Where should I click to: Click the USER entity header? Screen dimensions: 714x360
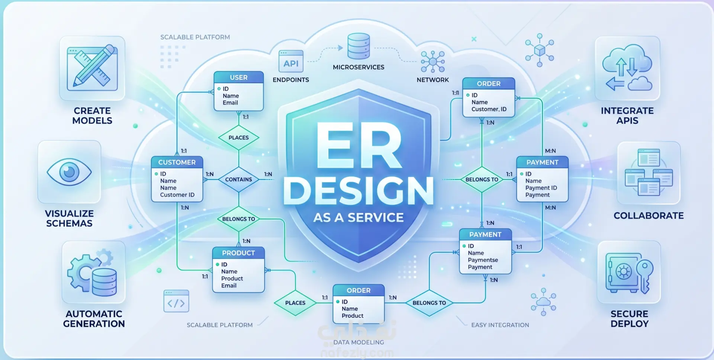(x=239, y=77)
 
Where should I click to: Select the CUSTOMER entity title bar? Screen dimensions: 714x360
(x=177, y=162)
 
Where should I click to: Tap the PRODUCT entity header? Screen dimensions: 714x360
(x=238, y=253)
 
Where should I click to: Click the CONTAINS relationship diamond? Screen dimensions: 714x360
(x=238, y=179)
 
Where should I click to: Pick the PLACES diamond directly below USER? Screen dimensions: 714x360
(x=238, y=138)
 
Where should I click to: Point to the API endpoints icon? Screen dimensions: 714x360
(x=291, y=62)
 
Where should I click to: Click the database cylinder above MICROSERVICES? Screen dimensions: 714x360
(x=358, y=46)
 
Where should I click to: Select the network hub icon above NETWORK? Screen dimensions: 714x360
(x=432, y=62)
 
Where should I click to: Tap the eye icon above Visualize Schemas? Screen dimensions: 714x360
(x=69, y=172)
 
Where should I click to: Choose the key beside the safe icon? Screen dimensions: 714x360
(x=645, y=276)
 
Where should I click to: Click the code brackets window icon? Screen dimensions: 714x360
(x=176, y=301)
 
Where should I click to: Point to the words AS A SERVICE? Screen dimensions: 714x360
(x=358, y=218)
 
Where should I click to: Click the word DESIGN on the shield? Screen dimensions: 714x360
(x=358, y=191)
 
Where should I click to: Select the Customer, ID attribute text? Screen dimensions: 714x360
(x=489, y=109)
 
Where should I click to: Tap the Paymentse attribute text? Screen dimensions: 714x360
(x=483, y=260)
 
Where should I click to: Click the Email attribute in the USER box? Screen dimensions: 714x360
(x=230, y=103)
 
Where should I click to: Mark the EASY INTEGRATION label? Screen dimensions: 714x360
(x=500, y=325)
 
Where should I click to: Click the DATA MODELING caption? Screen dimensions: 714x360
(x=358, y=342)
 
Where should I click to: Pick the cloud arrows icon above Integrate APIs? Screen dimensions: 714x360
(x=627, y=68)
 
